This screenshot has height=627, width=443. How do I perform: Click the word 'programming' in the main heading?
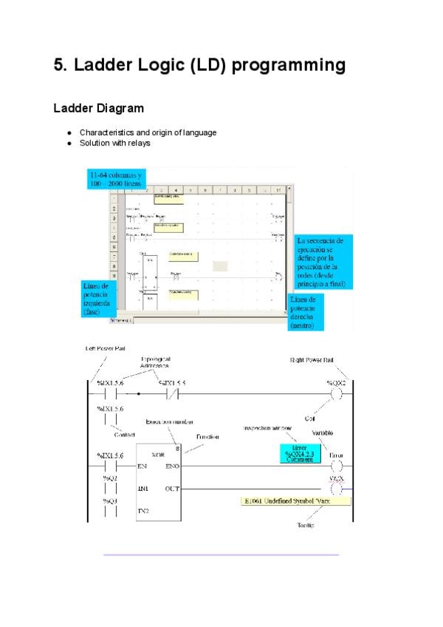(289, 65)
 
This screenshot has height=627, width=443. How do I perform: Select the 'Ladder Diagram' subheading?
(98, 109)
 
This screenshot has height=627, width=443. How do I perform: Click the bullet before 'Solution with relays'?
(69, 143)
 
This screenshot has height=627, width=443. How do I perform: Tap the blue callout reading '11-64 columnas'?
(116, 178)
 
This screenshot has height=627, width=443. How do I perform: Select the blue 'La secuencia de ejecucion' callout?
(323, 263)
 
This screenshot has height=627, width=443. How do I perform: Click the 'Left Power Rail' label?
(106, 348)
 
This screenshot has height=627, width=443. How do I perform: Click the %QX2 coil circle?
(337, 395)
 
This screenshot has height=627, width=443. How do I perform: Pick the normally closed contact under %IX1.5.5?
(173, 395)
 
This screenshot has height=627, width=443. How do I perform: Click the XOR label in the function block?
(157, 454)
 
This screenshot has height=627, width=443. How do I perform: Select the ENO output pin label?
(172, 467)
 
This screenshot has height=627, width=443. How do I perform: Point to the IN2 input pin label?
(143, 511)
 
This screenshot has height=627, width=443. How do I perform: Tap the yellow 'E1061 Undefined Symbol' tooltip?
(296, 501)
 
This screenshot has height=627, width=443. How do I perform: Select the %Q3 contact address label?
(110, 501)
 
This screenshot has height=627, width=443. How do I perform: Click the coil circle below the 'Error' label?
(337, 467)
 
